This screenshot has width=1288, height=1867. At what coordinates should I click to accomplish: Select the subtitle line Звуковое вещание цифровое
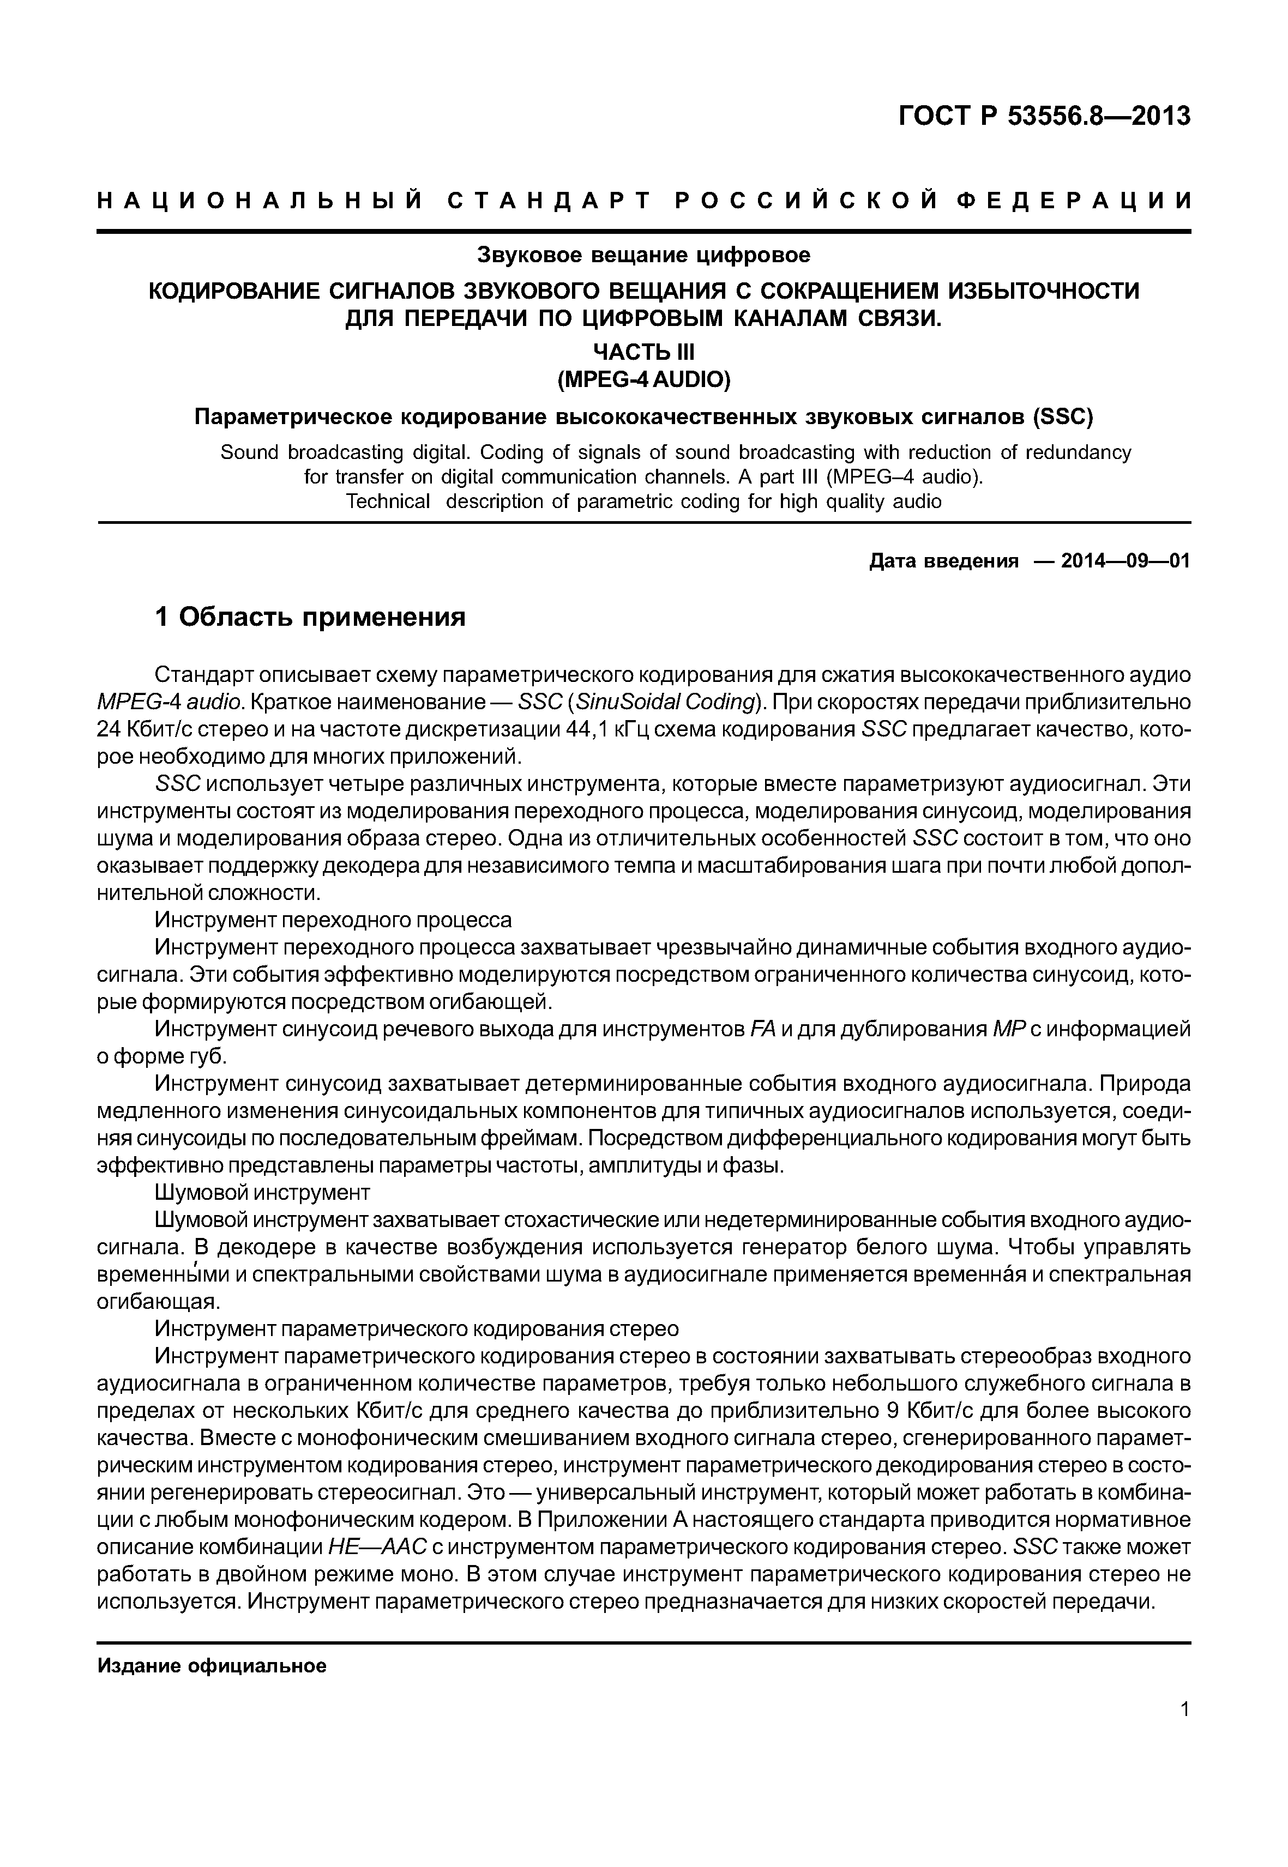point(643,256)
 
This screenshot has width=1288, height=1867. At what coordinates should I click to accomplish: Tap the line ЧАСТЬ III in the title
point(643,353)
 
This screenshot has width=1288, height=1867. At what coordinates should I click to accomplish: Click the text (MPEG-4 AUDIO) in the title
point(643,379)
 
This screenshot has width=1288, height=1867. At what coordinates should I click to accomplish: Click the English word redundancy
point(1080,452)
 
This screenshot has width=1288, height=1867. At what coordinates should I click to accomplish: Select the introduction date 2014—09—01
point(1126,561)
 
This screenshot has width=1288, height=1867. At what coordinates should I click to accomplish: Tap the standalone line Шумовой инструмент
point(262,1193)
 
